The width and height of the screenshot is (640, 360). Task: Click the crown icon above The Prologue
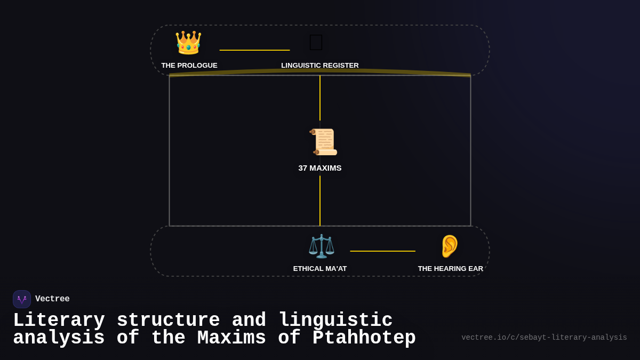pyautogui.click(x=188, y=43)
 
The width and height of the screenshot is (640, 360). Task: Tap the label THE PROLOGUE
pyautogui.click(x=189, y=66)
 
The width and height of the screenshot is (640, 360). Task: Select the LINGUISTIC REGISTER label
pyautogui.click(x=320, y=66)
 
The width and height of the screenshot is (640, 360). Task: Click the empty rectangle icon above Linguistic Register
pyautogui.click(x=316, y=43)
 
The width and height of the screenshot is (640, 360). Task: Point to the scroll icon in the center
pyautogui.click(x=323, y=142)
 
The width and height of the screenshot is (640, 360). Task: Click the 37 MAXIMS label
pyautogui.click(x=320, y=168)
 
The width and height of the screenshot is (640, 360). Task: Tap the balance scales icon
pyautogui.click(x=321, y=246)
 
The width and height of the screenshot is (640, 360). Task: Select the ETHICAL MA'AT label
pyautogui.click(x=320, y=269)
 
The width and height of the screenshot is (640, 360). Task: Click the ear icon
pyautogui.click(x=450, y=246)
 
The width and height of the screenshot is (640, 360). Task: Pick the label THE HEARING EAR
pyautogui.click(x=451, y=269)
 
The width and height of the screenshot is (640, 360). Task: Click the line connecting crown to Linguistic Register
pyautogui.click(x=254, y=50)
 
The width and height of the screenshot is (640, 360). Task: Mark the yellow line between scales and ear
pyautogui.click(x=382, y=251)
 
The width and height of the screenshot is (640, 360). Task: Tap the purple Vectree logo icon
pyautogui.click(x=22, y=299)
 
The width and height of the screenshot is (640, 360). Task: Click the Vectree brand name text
pyautogui.click(x=52, y=299)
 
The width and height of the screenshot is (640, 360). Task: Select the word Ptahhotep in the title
pyautogui.click(x=364, y=339)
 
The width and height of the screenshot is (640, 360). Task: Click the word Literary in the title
pyautogui.click(x=59, y=321)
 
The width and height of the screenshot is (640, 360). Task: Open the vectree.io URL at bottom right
pyautogui.click(x=544, y=338)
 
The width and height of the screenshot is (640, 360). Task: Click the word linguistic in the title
pyautogui.click(x=335, y=321)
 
